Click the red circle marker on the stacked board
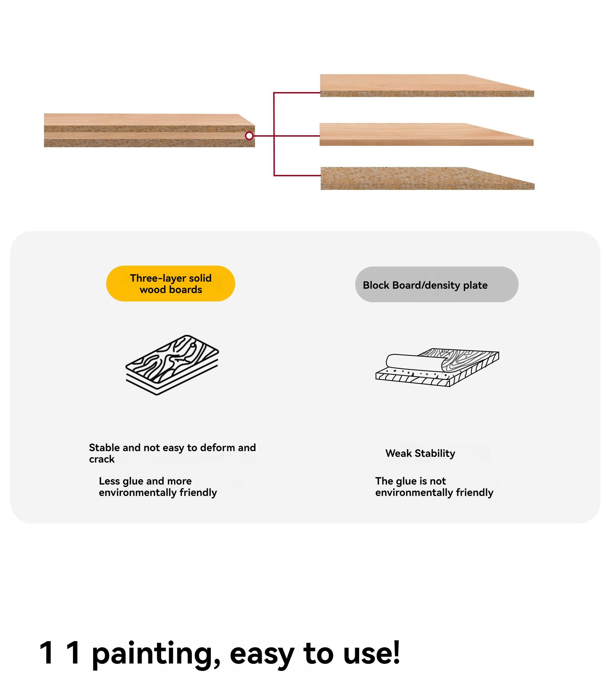[x=249, y=136]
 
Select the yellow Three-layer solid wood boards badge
[x=171, y=284]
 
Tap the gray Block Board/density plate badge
[x=437, y=284]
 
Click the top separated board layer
[x=427, y=86]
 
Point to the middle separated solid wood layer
[x=426, y=134]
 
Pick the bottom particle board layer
[x=427, y=178]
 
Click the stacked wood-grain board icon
[x=172, y=365]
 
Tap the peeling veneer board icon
[x=437, y=367]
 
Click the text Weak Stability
[x=420, y=453]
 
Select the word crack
[x=102, y=459]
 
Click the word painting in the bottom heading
[x=156, y=654]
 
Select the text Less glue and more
[x=145, y=481]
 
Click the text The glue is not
[x=410, y=481]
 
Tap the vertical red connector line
[x=274, y=134]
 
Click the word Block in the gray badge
[x=376, y=285]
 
